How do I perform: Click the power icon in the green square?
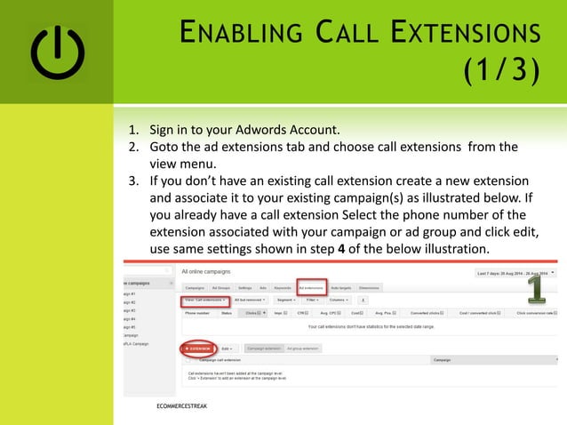pos(58,52)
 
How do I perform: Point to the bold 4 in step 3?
pos(343,247)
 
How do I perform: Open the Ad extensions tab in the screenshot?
pos(310,288)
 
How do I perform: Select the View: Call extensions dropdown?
pos(205,301)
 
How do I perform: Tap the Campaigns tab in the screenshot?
pos(195,288)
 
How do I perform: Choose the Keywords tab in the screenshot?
pos(282,288)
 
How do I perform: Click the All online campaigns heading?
pos(207,270)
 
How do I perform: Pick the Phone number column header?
pos(196,313)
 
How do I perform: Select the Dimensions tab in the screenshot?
pos(369,288)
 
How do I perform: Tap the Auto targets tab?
pos(340,288)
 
